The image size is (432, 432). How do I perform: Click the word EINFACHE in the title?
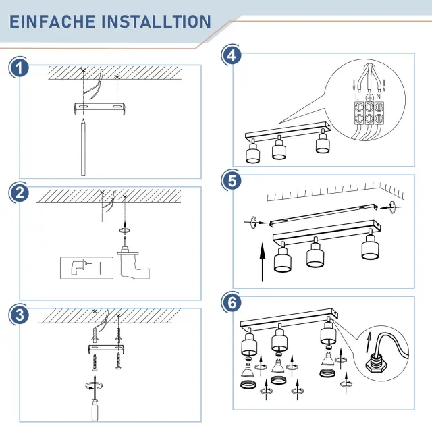53,22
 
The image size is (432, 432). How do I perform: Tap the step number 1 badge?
20,68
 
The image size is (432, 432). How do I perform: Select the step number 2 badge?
20,193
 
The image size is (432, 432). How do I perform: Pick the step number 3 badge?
20,315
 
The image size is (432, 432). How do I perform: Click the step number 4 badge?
232,55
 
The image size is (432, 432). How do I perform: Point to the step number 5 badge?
232,181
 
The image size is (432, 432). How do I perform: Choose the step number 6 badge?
232,303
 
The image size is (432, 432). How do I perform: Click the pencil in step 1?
83,147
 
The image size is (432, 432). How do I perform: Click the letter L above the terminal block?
357,97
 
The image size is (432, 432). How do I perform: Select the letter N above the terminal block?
378,96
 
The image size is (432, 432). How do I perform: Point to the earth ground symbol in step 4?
369,97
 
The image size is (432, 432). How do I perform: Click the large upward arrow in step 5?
263,262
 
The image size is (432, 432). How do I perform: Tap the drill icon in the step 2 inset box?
80,267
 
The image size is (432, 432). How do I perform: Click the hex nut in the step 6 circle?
376,367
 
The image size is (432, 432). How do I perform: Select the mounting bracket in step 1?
100,107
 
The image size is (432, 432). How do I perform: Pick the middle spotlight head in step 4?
279,148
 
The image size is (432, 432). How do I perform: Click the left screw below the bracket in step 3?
94,361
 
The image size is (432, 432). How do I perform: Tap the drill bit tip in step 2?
125,238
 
